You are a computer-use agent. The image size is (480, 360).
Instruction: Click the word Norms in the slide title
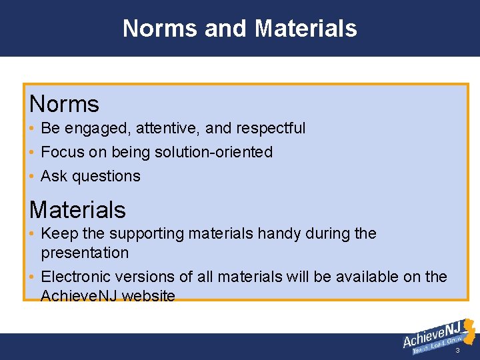[x=160, y=29]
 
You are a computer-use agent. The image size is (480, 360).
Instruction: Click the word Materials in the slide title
[x=305, y=29]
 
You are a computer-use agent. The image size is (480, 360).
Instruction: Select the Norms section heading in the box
[x=64, y=104]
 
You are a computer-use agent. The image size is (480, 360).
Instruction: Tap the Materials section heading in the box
[x=77, y=210]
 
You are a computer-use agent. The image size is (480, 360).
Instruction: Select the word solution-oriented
[x=213, y=152]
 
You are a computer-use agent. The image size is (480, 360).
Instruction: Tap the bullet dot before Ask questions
[x=32, y=177]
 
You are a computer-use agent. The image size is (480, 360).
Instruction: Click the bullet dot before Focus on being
[x=32, y=153]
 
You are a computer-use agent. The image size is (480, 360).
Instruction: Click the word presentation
[x=85, y=253]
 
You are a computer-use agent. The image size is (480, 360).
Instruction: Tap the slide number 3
[x=457, y=351]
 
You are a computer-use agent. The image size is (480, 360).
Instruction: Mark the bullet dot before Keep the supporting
[x=32, y=235]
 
